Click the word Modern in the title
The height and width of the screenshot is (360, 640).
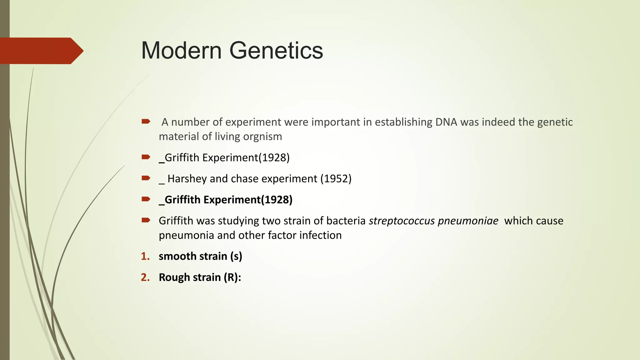click(181, 51)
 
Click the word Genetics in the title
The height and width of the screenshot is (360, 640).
click(276, 51)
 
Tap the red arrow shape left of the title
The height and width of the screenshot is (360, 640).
click(41, 51)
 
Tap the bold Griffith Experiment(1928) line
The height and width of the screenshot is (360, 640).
click(226, 200)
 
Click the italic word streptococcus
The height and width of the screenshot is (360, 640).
click(402, 221)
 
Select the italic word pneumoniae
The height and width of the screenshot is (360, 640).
click(468, 221)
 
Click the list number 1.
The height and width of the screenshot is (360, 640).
click(145, 256)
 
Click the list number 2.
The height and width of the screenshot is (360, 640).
click(145, 277)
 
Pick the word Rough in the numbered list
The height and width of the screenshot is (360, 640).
click(174, 277)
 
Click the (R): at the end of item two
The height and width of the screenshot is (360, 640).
click(232, 277)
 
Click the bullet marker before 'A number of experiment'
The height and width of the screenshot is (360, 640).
click(146, 121)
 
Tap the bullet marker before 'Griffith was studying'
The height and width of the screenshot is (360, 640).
click(146, 220)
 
